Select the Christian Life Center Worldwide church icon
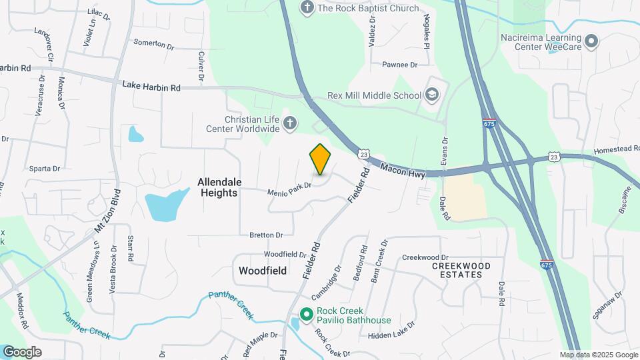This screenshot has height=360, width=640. click(289, 123)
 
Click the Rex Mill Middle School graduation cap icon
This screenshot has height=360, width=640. click(431, 95)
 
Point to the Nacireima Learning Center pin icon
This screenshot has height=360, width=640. click(590, 43)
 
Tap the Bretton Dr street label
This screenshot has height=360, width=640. click(266, 235)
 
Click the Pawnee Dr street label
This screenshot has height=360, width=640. click(399, 65)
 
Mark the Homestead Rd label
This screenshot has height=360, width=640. click(597, 151)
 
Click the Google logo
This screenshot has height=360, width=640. click(22, 351)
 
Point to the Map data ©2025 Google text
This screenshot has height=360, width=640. click(598, 355)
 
